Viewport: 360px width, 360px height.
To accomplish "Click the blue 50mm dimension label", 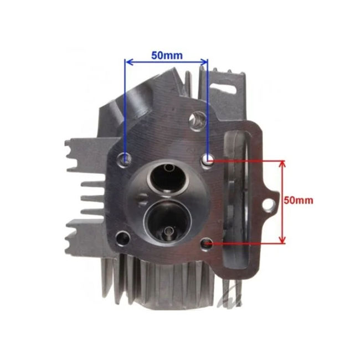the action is pyautogui.click(x=167, y=55).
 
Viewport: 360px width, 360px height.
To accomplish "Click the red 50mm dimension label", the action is pyautogui.click(x=299, y=200).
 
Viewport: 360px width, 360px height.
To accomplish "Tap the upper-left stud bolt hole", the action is pyautogui.click(x=125, y=158).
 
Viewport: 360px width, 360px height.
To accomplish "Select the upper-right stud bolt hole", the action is pyautogui.click(x=208, y=160).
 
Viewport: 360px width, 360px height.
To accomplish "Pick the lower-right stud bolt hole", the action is pyautogui.click(x=207, y=244).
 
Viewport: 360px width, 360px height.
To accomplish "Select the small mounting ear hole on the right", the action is pyautogui.click(x=269, y=205).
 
